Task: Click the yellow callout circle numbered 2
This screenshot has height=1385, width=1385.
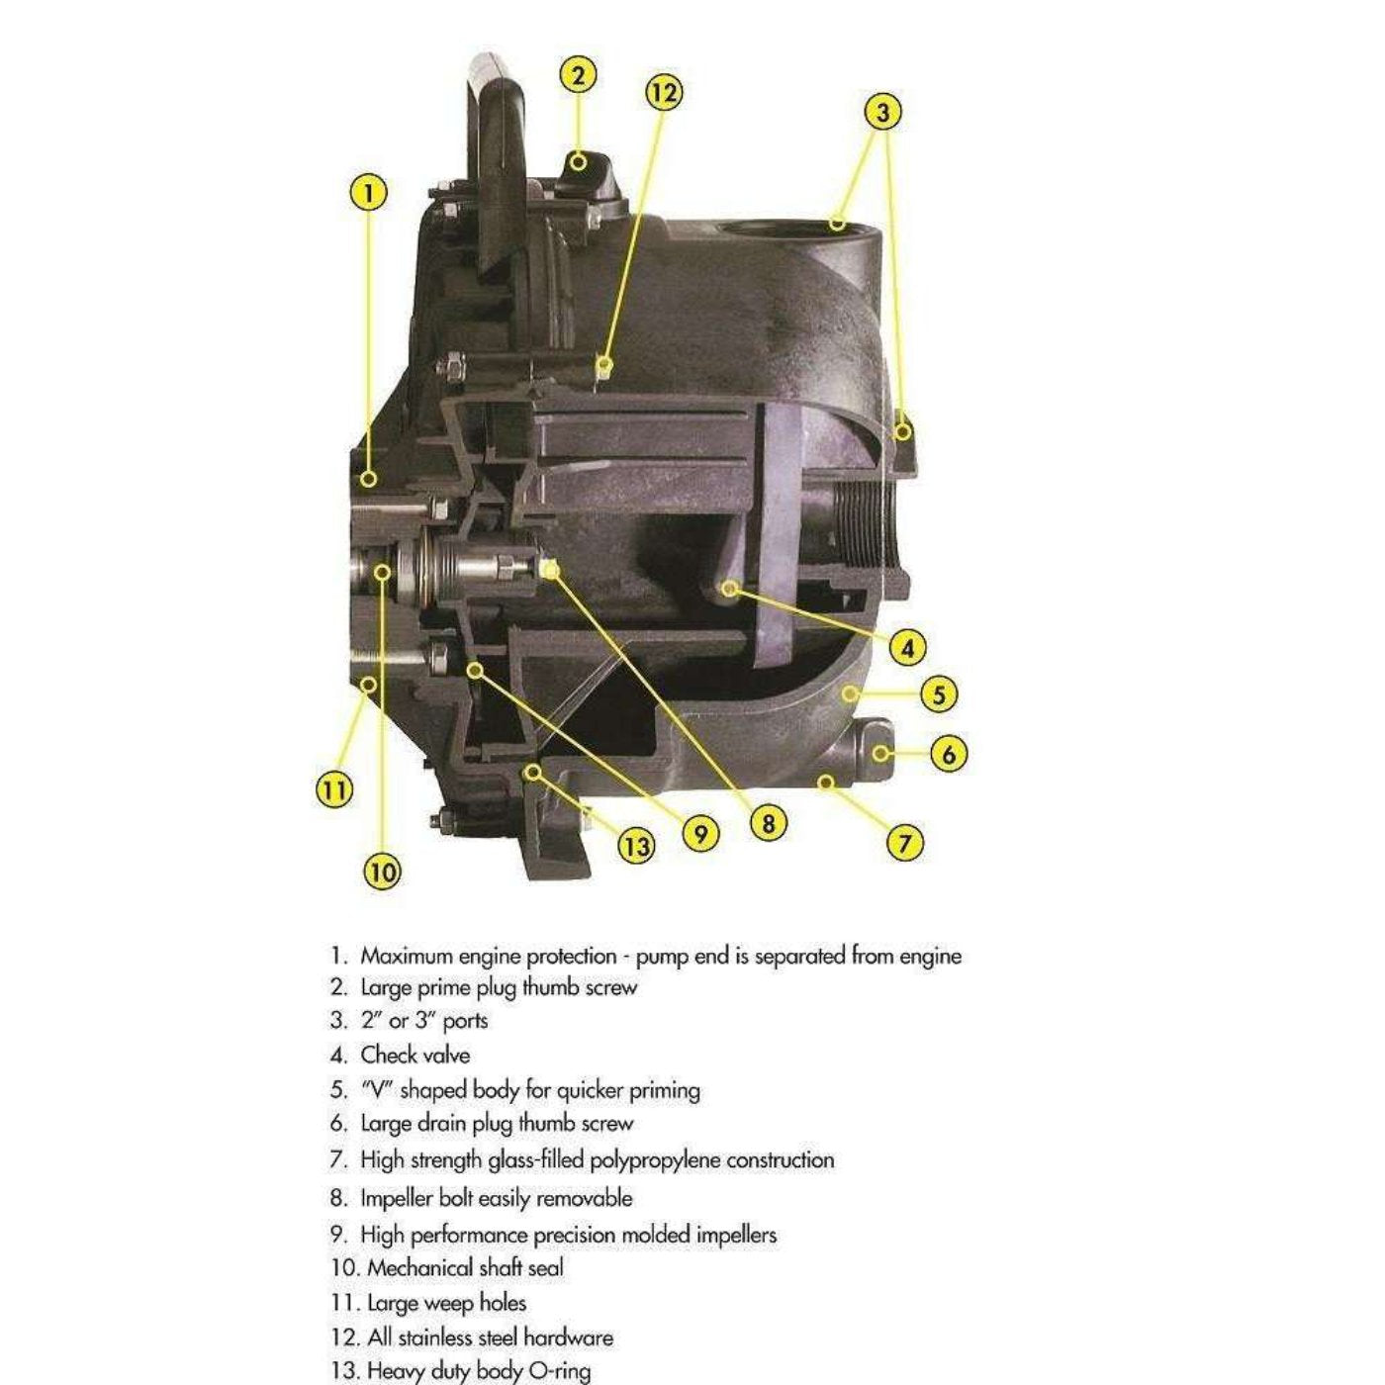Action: tap(578, 76)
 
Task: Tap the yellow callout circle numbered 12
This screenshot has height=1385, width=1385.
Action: tap(664, 93)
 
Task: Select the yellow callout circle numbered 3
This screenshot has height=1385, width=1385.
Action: tap(883, 112)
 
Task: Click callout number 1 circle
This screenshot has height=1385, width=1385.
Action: tap(369, 192)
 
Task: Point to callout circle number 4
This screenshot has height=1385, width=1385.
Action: tap(907, 648)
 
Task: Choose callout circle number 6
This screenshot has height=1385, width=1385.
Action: tap(948, 755)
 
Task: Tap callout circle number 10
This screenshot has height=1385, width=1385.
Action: tap(383, 872)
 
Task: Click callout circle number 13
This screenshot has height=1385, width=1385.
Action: tap(636, 846)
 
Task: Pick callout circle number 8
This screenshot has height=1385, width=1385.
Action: tap(768, 822)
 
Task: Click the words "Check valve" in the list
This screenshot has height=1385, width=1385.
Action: tap(415, 1056)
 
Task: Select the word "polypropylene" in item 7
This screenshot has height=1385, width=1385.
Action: tap(655, 1159)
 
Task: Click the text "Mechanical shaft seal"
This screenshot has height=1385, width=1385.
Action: tap(465, 1268)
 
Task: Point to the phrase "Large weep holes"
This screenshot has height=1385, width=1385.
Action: tap(446, 1303)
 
